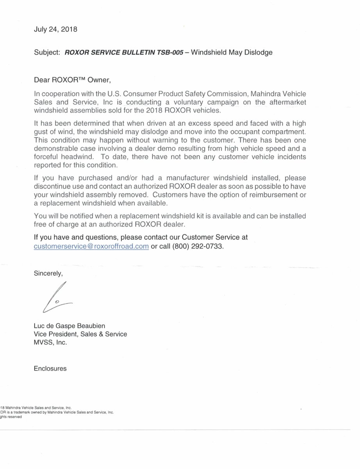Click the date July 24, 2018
55,29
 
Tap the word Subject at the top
46,53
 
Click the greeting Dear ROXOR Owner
73,81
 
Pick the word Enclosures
50,369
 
